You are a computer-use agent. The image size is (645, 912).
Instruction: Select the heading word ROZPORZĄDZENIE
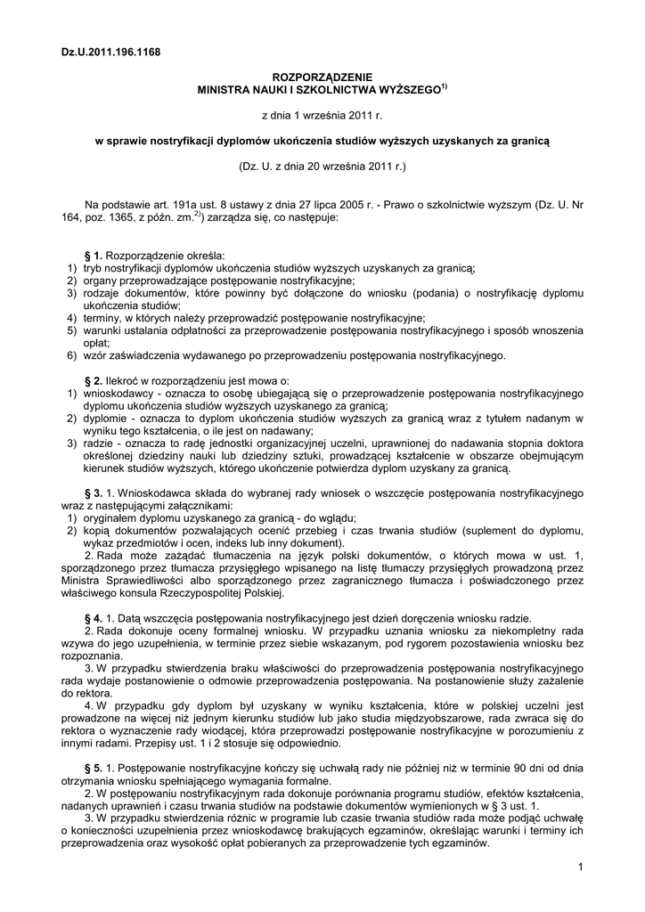[322, 78]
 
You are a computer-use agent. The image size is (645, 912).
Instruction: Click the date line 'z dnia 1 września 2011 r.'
[322, 116]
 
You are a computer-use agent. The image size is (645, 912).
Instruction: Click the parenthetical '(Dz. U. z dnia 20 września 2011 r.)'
[322, 167]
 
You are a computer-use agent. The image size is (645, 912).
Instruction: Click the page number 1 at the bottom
[579, 867]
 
